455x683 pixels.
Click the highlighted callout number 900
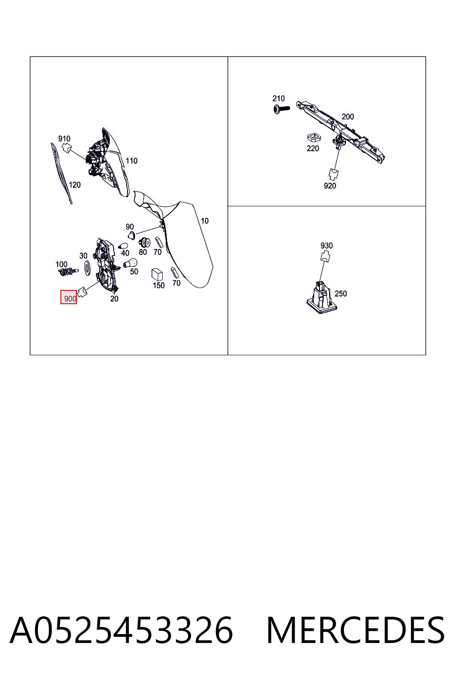coord(70,298)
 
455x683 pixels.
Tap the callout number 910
coord(64,139)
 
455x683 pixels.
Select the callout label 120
coord(75,185)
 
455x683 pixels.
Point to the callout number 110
coord(132,161)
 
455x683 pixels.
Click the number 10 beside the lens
coord(204,221)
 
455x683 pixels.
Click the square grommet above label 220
coord(314,137)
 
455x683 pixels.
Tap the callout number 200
coord(348,117)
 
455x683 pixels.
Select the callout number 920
coord(330,186)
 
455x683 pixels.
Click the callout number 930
coord(327,245)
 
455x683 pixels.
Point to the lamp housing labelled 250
coord(322,297)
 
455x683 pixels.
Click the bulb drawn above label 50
coord(130,262)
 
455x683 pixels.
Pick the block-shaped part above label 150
coord(157,274)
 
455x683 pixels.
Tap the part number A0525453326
coord(121,630)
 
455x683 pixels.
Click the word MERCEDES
coord(355,630)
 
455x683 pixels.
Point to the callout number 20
coord(114,299)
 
